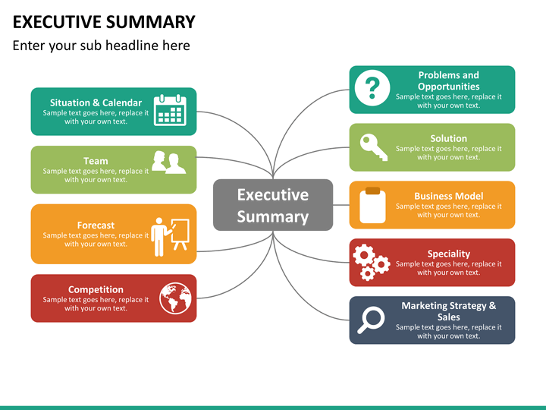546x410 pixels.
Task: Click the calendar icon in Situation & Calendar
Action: [170, 110]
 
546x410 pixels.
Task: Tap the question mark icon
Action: [372, 88]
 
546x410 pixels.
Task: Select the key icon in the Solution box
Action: [374, 147]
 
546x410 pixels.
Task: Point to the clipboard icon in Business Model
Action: [372, 205]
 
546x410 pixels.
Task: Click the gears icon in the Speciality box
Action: [371, 262]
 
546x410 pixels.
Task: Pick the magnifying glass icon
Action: [371, 320]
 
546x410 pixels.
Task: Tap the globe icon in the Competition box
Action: [175, 298]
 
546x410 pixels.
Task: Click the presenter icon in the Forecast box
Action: [170, 237]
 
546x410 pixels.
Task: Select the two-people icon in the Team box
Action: [168, 162]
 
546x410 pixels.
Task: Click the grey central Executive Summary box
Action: [273, 205]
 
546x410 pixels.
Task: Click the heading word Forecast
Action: [96, 225]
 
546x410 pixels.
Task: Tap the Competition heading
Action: [96, 289]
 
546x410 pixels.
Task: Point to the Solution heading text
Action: [448, 138]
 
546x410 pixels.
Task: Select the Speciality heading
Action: [448, 254]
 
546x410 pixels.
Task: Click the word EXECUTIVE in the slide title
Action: [56, 21]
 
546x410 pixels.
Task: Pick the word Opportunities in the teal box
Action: [448, 87]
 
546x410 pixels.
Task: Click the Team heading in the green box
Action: [96, 161]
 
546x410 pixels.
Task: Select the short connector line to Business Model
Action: [341, 205]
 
